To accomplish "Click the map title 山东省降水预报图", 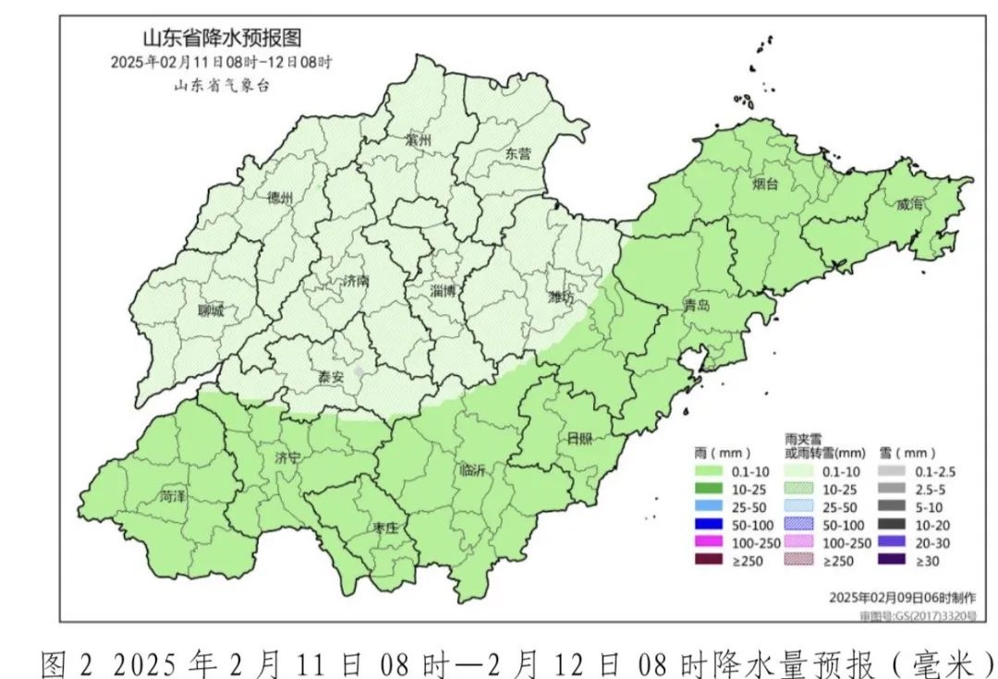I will [x=221, y=38].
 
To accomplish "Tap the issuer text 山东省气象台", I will [x=221, y=85].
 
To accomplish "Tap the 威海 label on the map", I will [x=909, y=204].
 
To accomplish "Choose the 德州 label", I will [x=279, y=198].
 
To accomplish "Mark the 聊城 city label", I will [x=211, y=310].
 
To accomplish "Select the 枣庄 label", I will [x=384, y=527].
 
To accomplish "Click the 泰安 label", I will [x=331, y=377].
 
